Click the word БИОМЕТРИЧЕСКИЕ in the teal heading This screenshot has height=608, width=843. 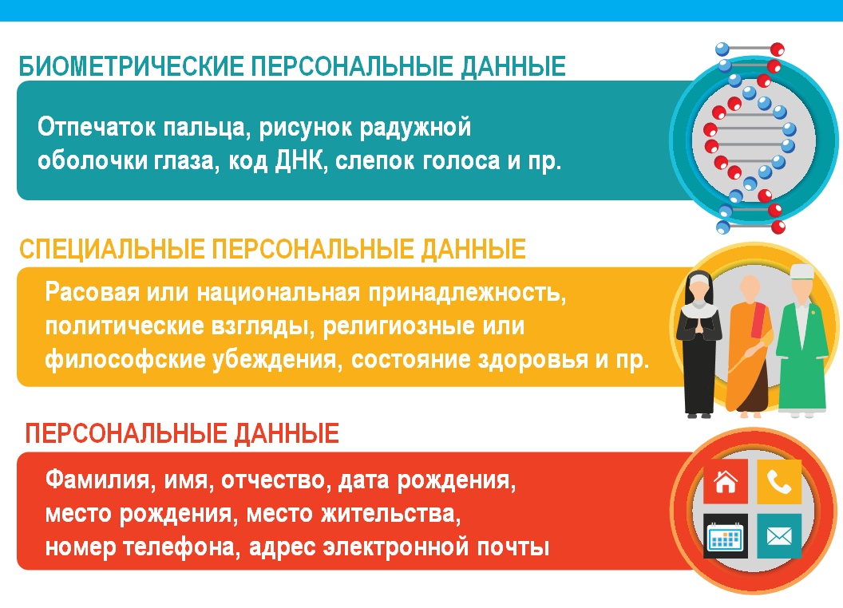(132, 67)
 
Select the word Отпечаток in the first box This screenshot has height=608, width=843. (97, 128)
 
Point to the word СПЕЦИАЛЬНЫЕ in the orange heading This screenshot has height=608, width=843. (113, 250)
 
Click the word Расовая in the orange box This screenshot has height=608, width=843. (92, 293)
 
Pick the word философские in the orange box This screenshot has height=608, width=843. (125, 360)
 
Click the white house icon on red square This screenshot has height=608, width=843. (726, 482)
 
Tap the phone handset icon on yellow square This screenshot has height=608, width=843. (779, 482)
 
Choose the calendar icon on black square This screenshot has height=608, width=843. (726, 536)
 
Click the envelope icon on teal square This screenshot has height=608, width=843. (779, 536)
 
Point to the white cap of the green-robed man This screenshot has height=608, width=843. (802, 271)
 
